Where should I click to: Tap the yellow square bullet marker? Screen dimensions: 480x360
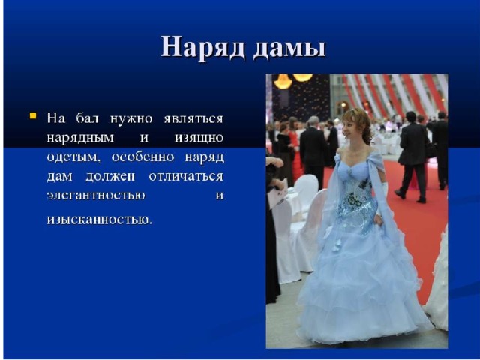tap(33, 116)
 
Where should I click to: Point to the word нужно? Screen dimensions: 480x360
tap(131, 118)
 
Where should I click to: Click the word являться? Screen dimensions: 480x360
tap(193, 119)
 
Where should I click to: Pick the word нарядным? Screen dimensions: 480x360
tap(80, 138)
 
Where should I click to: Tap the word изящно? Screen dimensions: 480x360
tap(199, 139)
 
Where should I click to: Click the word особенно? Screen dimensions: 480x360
tap(142, 157)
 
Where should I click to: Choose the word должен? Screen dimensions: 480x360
tap(110, 177)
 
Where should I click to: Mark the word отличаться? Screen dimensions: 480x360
tap(186, 177)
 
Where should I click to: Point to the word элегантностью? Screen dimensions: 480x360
tap(96, 196)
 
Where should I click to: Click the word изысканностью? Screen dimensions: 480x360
tap(99, 220)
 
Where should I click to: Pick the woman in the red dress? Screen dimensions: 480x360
tap(295, 150)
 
